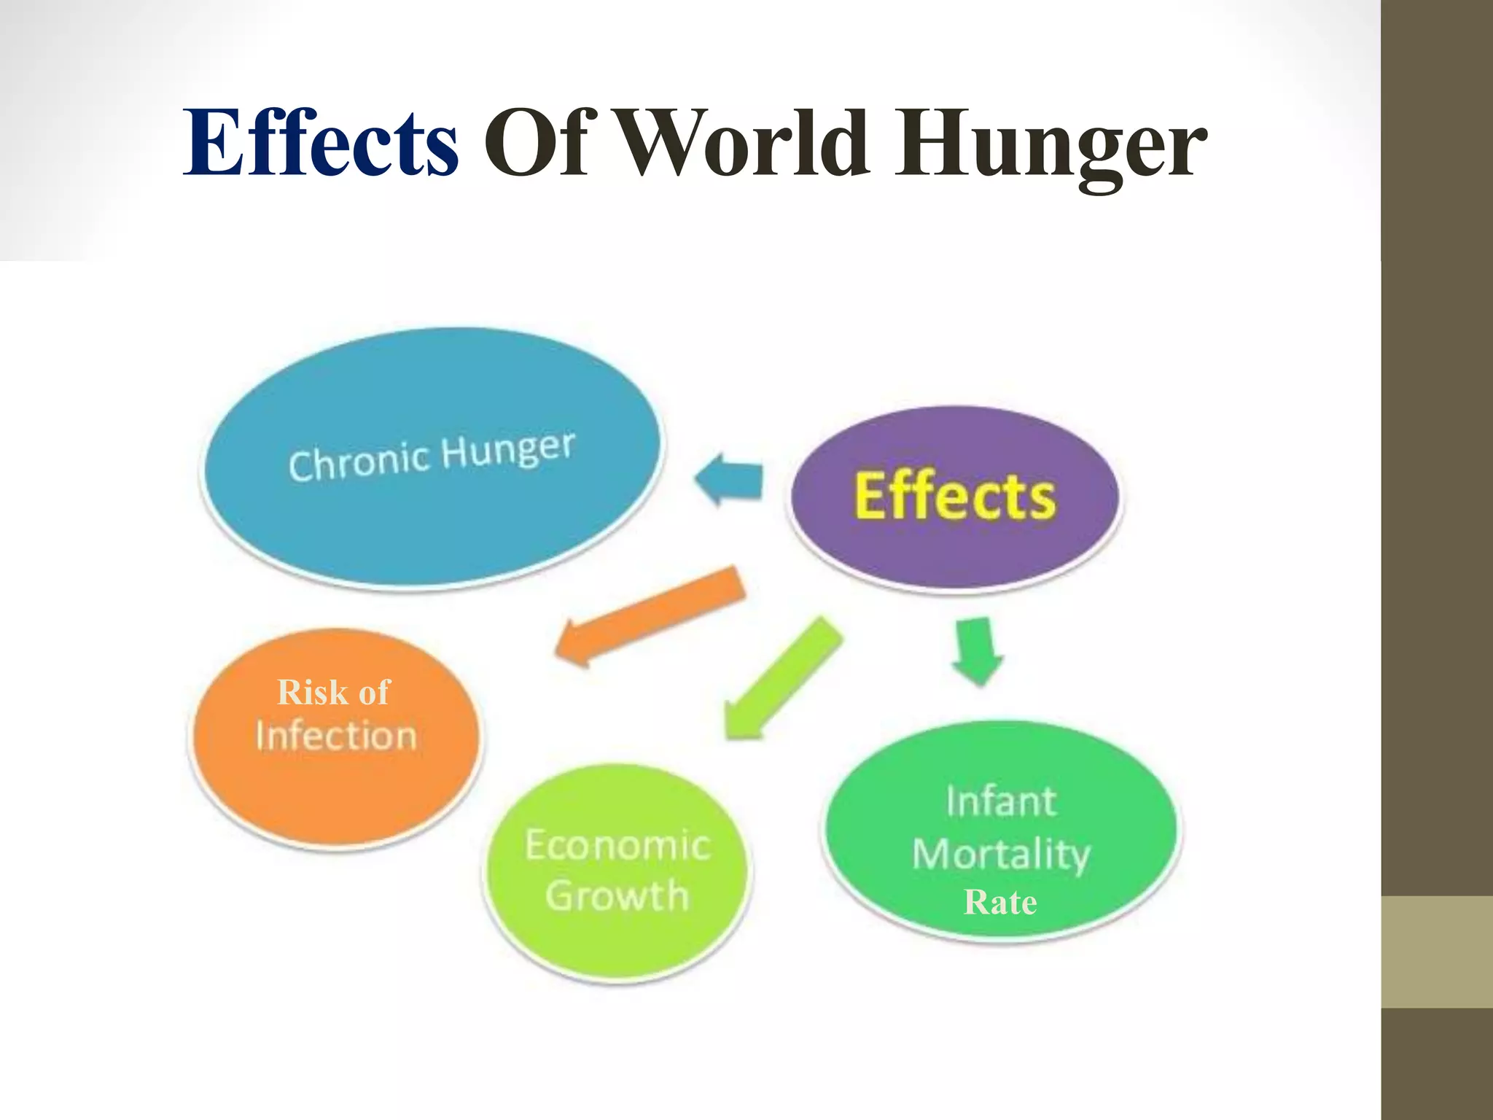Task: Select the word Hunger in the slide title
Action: pos(1050,146)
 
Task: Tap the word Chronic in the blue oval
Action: pos(358,462)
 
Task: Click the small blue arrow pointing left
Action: pos(729,479)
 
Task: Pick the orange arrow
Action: pos(649,616)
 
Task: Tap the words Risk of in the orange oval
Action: pos(334,692)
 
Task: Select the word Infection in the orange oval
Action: pos(336,736)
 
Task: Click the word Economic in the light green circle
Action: pos(617,846)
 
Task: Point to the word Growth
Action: pos(617,895)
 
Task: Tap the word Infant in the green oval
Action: pos(1001,801)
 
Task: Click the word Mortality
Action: pos(1001,854)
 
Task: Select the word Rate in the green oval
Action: pos(1000,903)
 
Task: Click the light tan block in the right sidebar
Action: pos(1437,952)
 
